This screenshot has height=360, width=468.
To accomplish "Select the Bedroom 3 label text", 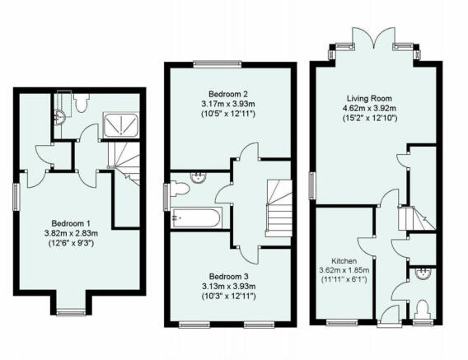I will pos(226,276).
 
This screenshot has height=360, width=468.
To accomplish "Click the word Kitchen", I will pos(344,258).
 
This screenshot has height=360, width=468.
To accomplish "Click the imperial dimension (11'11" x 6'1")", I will pos(344,280).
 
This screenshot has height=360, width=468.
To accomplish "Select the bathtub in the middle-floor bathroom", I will pos(196,218).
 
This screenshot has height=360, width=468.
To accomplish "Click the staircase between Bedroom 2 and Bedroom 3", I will pos(279,207).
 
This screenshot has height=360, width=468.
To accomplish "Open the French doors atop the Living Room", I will pos(374,43).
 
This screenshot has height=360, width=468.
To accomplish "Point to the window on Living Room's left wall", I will pos(312,185).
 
